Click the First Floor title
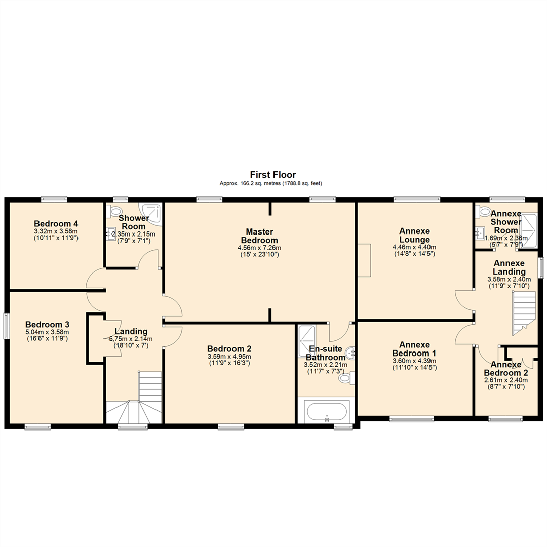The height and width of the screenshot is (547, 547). coord(273,175)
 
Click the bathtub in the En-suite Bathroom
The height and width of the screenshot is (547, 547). coord(327,411)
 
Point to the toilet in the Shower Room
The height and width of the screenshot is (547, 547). coord(116,210)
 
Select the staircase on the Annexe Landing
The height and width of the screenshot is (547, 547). coord(524,313)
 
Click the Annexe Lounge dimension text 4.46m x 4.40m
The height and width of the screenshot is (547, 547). coord(414,247)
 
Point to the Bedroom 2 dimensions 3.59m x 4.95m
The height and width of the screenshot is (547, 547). coord(229,356)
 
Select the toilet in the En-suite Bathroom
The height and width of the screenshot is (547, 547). coord(346,377)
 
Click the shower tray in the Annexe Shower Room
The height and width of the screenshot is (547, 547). coord(529,230)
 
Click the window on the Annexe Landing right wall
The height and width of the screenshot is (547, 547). coord(540,267)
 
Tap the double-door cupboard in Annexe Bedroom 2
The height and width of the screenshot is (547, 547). coord(521,359)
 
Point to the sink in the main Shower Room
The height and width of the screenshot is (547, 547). coord(111,233)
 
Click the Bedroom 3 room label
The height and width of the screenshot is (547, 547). coord(48,324)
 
